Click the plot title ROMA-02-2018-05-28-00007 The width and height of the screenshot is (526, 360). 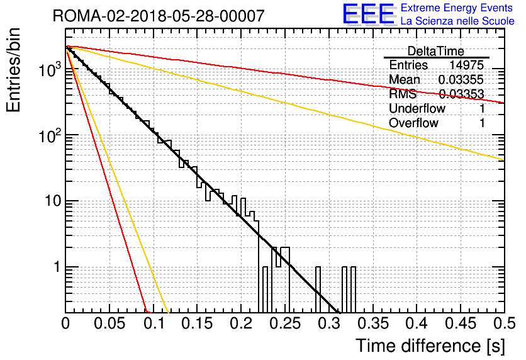[x=159, y=16]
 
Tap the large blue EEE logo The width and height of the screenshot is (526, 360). [x=368, y=14]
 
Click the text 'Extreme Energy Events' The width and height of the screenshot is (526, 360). [x=457, y=8]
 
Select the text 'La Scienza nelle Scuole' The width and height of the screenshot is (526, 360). [x=457, y=21]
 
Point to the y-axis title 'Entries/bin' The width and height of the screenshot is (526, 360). [x=13, y=70]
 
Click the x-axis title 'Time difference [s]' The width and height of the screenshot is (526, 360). [x=430, y=346]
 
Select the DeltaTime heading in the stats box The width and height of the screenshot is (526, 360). [x=436, y=52]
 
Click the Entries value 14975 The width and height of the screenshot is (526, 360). [x=467, y=65]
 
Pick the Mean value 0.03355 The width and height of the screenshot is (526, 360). [x=461, y=79]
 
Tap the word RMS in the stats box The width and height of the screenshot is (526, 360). [x=403, y=94]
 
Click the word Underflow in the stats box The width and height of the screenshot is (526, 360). [x=417, y=108]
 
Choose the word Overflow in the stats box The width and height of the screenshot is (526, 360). [x=413, y=123]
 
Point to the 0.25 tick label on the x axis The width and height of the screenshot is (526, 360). [x=285, y=323]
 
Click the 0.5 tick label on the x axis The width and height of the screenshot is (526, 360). [x=504, y=323]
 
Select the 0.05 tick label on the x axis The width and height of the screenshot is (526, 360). [x=109, y=323]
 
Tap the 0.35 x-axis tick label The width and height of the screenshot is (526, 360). [x=372, y=323]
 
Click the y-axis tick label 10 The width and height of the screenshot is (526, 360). [x=53, y=201]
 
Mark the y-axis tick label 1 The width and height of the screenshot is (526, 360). [x=57, y=267]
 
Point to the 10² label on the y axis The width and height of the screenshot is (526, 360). [x=50, y=136]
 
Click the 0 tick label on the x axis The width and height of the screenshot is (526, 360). [x=65, y=323]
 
